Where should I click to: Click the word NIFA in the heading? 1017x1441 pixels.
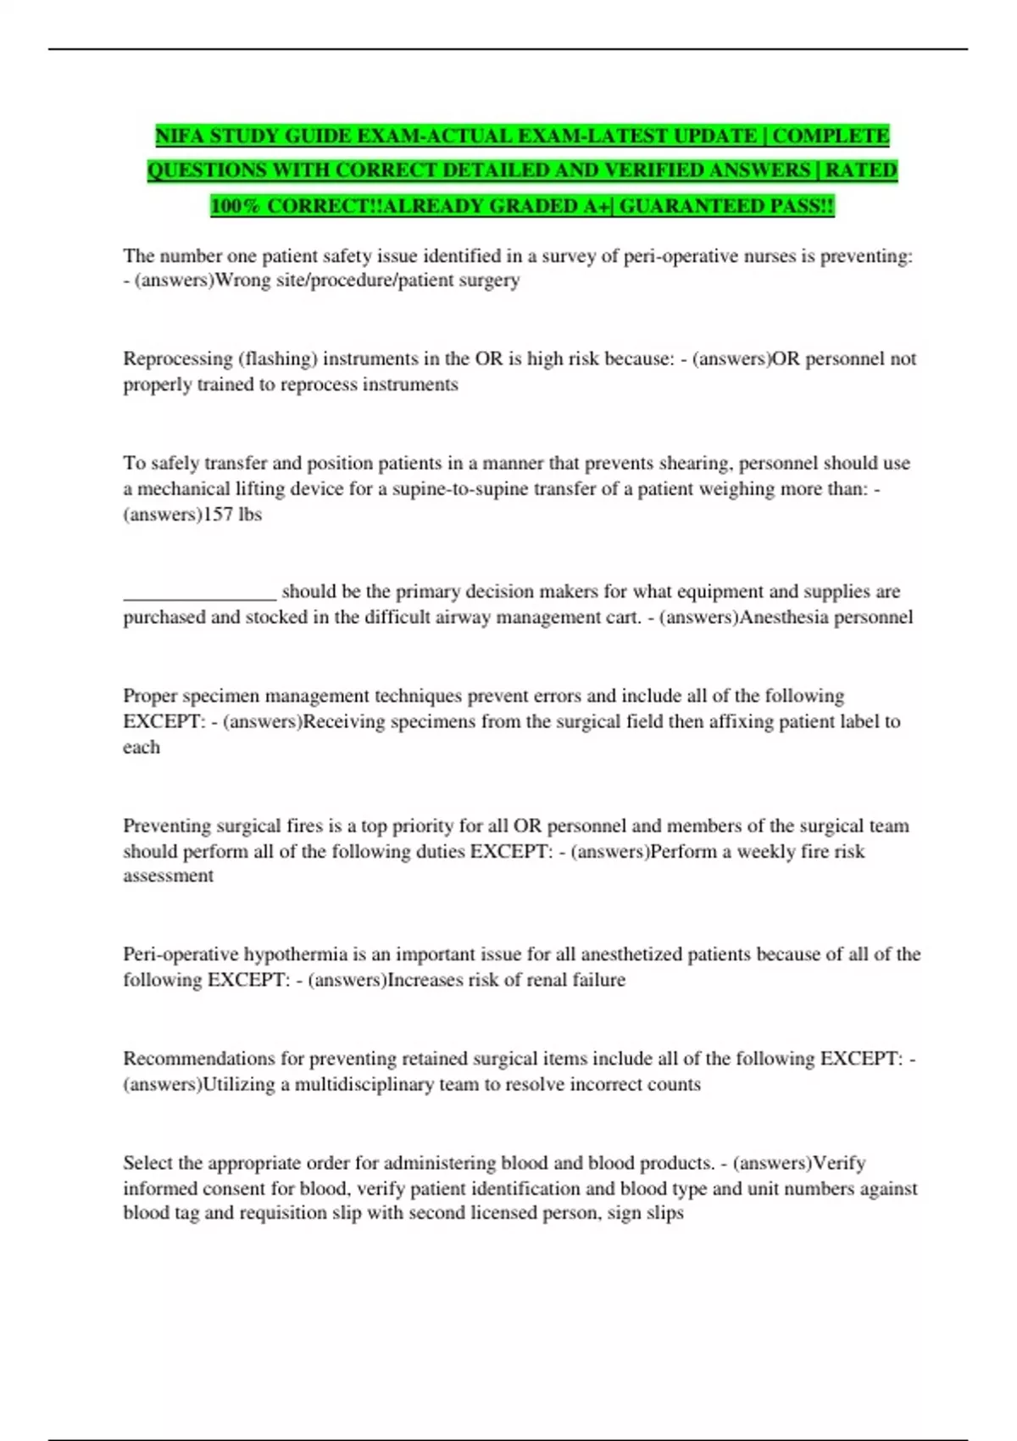(179, 136)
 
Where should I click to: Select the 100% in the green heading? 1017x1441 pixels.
(236, 206)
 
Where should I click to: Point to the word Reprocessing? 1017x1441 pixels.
(177, 359)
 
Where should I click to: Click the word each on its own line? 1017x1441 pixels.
(141, 748)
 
